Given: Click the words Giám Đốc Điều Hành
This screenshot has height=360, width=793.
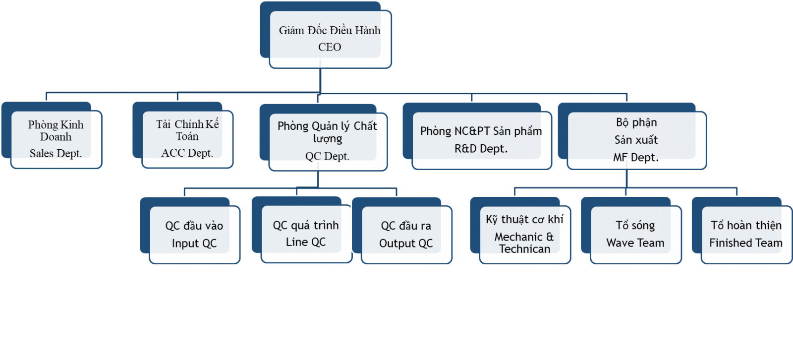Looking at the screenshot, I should [x=330, y=30].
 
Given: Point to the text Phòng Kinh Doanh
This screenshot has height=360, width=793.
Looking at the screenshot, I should [x=56, y=130].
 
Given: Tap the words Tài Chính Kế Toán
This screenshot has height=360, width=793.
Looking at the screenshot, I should [x=187, y=130].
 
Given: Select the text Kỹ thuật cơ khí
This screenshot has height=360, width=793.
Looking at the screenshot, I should [x=524, y=219].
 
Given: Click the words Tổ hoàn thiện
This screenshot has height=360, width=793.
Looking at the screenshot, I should [x=746, y=225].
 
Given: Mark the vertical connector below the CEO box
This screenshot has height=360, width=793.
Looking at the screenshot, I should [x=320, y=80].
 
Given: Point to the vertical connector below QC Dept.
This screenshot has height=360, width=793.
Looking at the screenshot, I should [x=318, y=179].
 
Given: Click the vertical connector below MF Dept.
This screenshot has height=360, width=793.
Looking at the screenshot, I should [x=626, y=179].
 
